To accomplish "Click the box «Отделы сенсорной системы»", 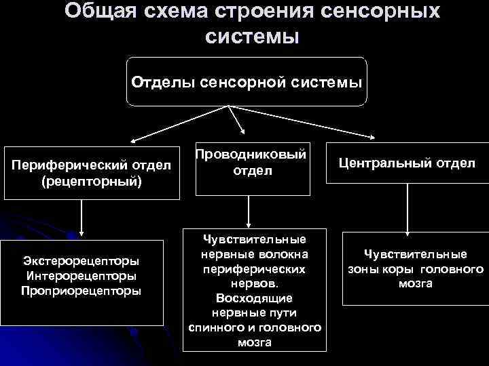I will pos(247,81).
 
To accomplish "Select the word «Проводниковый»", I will pos(251,155).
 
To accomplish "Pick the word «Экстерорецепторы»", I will pos(81,261).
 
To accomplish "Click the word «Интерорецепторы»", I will pos(81,276).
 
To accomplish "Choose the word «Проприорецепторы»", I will pos(81,291).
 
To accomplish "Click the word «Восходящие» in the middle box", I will pos(254,298).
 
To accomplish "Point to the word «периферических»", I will pos(254,269).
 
